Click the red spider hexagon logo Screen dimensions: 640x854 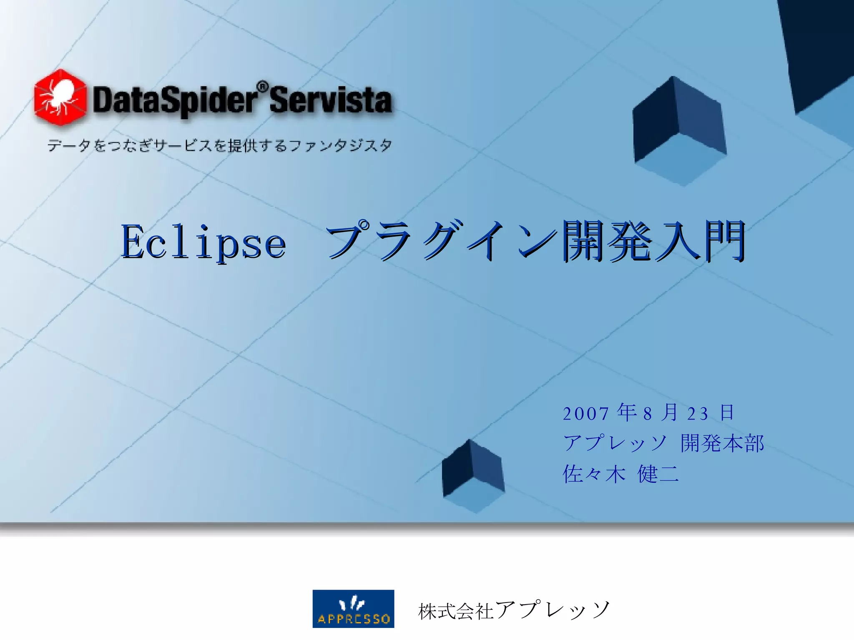pos(60,98)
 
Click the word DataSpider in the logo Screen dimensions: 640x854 pos(174,100)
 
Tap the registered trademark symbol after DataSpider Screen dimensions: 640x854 pos(262,87)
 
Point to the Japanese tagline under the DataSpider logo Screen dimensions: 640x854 pos(219,146)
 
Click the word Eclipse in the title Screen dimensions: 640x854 pos(203,242)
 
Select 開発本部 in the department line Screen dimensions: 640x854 pos(722,443)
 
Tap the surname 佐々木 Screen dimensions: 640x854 pos(594,474)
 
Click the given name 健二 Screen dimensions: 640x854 pos(658,474)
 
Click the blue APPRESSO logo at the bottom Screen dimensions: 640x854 pos(353,608)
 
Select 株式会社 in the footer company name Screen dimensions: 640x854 pos(456,611)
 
